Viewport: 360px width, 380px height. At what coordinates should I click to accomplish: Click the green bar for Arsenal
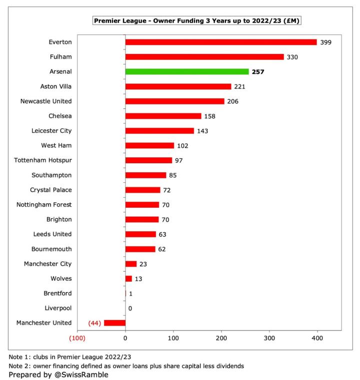click(x=186, y=71)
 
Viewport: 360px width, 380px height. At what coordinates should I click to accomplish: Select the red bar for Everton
click(x=221, y=42)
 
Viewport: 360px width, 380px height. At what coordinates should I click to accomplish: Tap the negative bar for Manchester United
click(x=114, y=323)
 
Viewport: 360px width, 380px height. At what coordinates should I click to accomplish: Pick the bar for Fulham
click(x=204, y=57)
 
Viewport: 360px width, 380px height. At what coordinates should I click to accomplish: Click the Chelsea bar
click(x=163, y=116)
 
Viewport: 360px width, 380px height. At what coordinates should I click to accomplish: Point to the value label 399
click(x=325, y=42)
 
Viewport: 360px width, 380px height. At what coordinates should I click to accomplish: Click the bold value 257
click(x=258, y=72)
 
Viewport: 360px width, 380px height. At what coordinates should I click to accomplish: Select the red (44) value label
click(x=95, y=323)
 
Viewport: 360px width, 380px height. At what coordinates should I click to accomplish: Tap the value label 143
click(x=202, y=131)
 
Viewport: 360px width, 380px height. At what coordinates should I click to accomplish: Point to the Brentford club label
click(x=57, y=293)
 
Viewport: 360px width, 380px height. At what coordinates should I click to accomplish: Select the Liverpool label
click(x=58, y=308)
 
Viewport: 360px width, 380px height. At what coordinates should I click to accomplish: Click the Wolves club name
click(x=60, y=279)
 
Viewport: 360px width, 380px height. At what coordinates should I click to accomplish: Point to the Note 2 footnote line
click(x=126, y=366)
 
